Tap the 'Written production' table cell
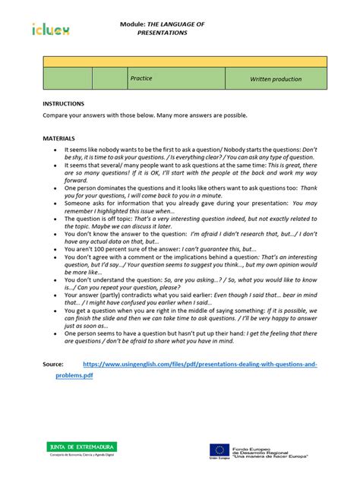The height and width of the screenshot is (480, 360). pos(276,79)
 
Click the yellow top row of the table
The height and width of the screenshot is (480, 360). pos(185,61)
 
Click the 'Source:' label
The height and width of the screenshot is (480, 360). pos(53,365)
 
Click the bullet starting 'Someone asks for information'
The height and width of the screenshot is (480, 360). pos(182,206)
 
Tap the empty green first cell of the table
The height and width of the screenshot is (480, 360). pos(68,78)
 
